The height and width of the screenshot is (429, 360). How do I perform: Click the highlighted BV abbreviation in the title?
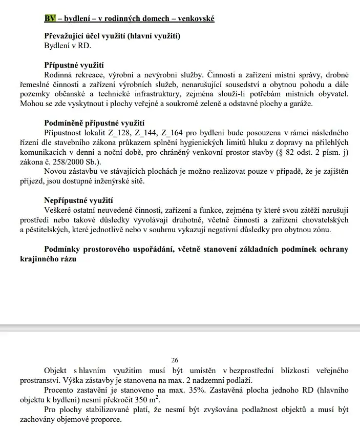(x=50, y=19)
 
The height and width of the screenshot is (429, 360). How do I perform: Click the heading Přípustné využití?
(x=74, y=66)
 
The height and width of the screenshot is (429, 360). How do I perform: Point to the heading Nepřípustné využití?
(x=78, y=200)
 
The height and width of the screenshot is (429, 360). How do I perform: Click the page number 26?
(x=175, y=361)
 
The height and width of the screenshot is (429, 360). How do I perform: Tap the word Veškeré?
(x=59, y=210)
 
